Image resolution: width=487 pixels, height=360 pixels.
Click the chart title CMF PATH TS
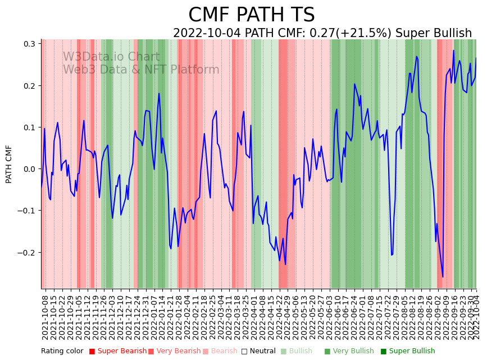[x=251, y=15]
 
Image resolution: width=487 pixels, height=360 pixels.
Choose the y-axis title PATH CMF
[x=9, y=164]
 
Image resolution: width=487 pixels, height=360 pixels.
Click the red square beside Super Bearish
[x=92, y=352]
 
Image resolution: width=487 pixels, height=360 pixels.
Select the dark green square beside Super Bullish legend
[x=384, y=352]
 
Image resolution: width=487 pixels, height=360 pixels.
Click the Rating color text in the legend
[x=62, y=352]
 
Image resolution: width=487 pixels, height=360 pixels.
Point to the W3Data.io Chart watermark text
[x=111, y=57]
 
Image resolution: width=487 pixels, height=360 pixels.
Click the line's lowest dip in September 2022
[x=443, y=277]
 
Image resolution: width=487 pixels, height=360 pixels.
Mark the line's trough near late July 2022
[x=392, y=255]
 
